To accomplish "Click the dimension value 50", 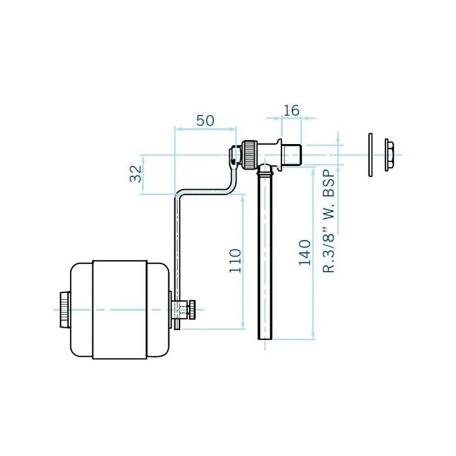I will point(205,120).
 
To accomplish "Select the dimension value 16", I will point(292,110).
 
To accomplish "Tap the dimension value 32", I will point(136,174).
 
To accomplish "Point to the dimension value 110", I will point(235,260).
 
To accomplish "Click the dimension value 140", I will point(305,252).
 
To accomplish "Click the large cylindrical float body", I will point(119,309).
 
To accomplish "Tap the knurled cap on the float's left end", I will point(64,309).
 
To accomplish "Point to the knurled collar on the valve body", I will point(249,154).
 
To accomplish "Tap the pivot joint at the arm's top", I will point(235,155).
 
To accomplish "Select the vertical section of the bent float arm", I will point(177,243).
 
